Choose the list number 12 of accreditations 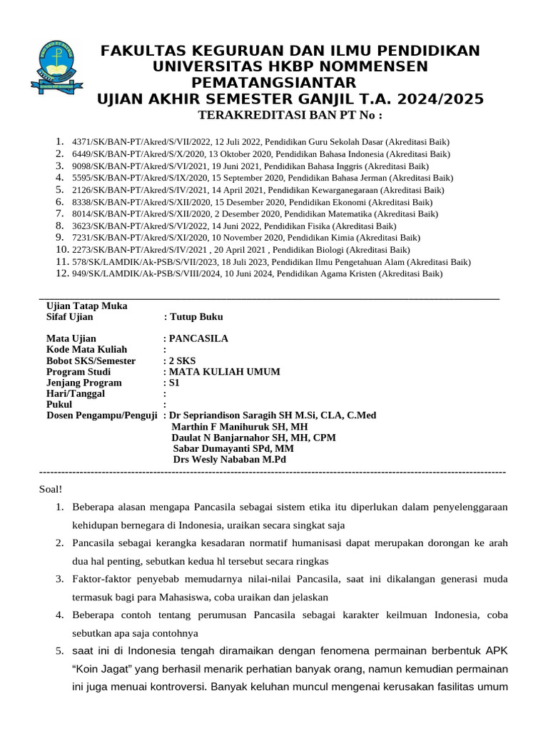(61, 273)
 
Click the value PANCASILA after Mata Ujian (198, 338)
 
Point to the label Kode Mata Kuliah (86, 350)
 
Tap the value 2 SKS (182, 361)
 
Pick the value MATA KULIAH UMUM (224, 371)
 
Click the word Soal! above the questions (50, 489)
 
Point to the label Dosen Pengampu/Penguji (101, 415)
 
